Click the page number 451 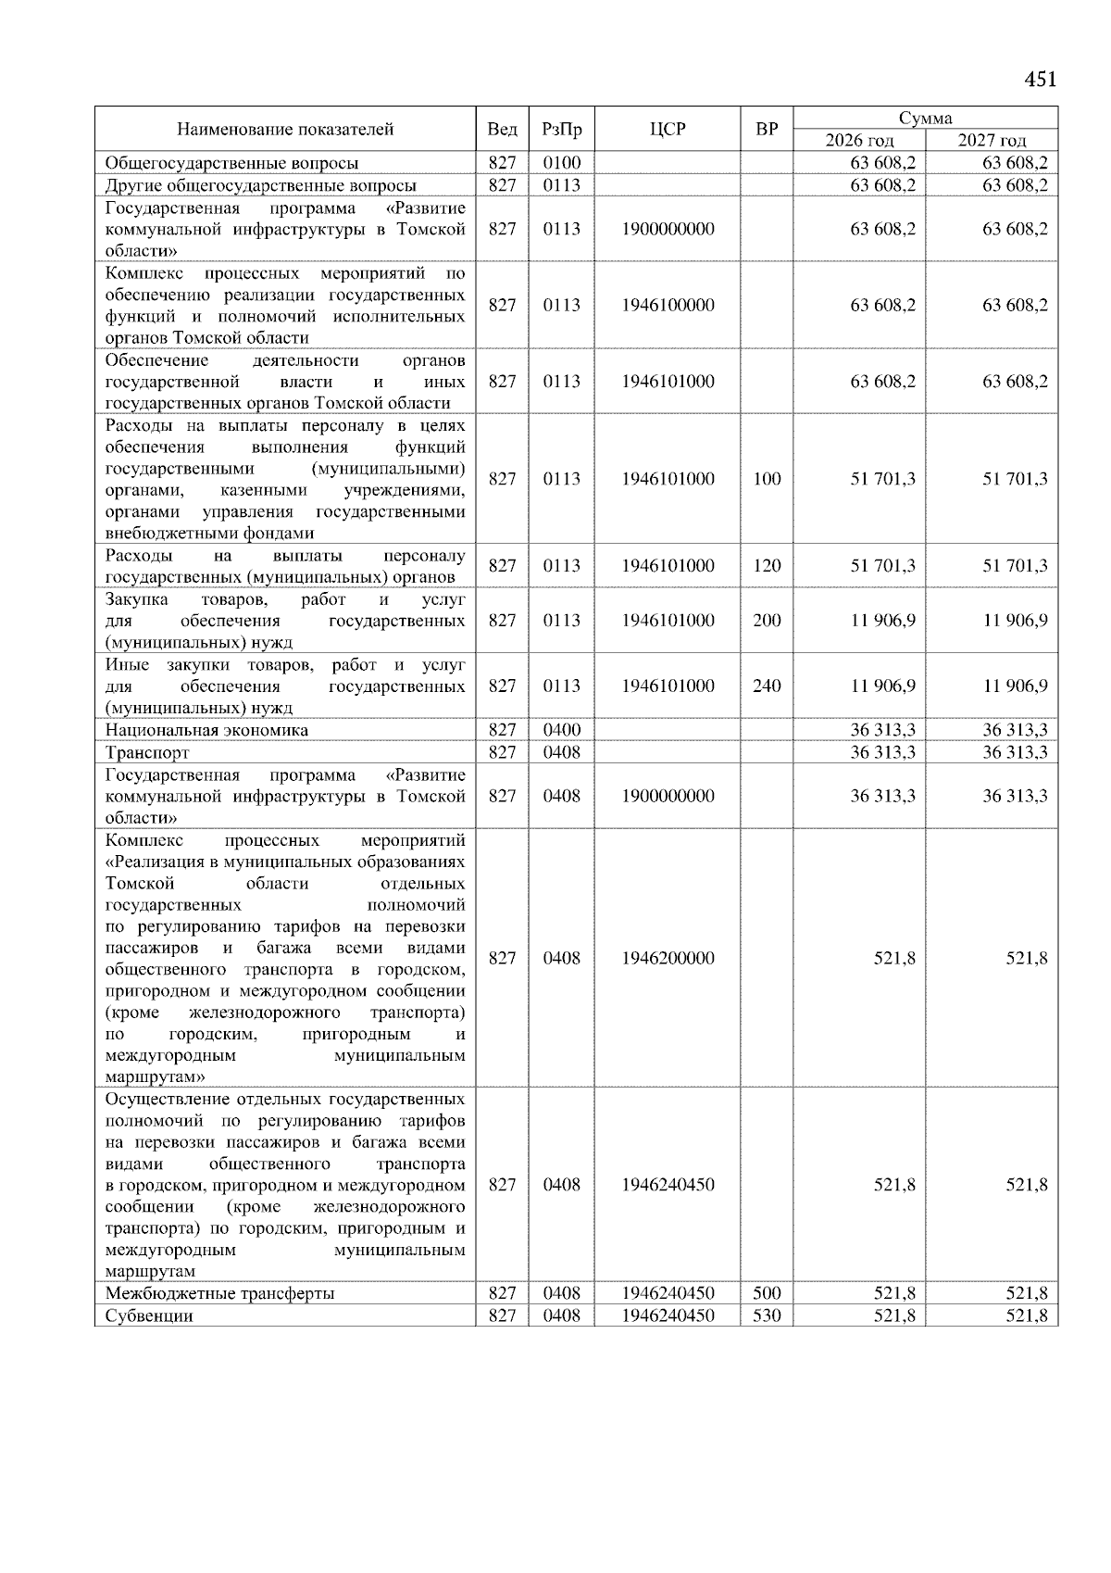point(1040,80)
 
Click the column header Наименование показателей point(285,130)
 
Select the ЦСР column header point(668,130)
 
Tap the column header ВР point(767,130)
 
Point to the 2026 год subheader point(859,141)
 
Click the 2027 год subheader point(992,141)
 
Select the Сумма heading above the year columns point(925,118)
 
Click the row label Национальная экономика point(206,730)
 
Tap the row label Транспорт point(147,752)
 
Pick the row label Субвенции point(149,1315)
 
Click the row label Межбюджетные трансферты point(219,1293)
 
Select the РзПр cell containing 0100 point(561,163)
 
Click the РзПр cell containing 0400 point(561,730)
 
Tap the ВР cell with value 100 point(767,479)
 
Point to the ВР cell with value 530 point(767,1315)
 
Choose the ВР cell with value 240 point(767,686)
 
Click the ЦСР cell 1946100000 point(668,306)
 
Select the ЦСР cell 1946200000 point(668,958)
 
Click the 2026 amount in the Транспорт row point(882,752)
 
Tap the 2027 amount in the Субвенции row point(1027,1315)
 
